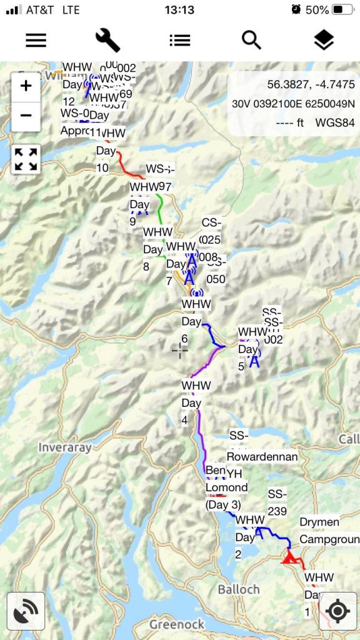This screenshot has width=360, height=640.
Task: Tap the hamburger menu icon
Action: [36, 40]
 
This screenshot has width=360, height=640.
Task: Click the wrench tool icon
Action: [107, 40]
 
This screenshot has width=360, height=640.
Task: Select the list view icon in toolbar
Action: [179, 40]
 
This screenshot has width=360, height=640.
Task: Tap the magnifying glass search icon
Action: [251, 40]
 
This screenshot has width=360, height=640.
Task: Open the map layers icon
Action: [324, 40]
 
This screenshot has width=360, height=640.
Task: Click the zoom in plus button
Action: [26, 86]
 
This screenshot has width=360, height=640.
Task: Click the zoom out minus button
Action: [26, 116]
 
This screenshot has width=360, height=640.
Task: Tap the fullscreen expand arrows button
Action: [26, 159]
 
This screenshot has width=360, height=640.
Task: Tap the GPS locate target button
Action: [337, 611]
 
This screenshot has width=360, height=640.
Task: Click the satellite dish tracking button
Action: [26, 611]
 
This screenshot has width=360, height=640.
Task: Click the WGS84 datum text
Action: [335, 122]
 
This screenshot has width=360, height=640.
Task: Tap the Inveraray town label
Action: [65, 447]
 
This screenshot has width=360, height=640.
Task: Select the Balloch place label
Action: [239, 589]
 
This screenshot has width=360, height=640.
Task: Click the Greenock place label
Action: [177, 624]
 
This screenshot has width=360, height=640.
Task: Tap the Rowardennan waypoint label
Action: [262, 456]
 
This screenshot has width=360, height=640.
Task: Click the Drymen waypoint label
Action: [319, 522]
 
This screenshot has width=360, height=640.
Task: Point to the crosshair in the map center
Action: [180, 351]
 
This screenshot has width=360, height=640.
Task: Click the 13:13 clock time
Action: [179, 10]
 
